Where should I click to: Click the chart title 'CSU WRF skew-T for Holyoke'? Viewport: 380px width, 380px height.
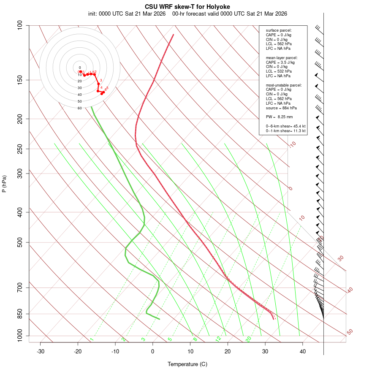[187, 7]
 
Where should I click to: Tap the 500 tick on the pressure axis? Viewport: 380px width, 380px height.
[19, 242]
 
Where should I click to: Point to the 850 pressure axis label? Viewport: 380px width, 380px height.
[19, 314]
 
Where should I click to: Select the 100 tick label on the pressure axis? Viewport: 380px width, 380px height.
[19, 25]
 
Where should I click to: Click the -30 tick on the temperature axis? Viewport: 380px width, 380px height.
[41, 351]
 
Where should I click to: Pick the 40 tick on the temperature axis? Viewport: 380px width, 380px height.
[303, 351]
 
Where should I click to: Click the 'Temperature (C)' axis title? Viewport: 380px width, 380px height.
[187, 364]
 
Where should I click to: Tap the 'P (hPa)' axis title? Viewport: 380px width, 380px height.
[4, 184]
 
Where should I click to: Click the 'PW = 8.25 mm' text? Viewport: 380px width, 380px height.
[279, 117]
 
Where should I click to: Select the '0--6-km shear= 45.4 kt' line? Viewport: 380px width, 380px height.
[285, 126]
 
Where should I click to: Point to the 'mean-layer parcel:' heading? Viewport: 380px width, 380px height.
[282, 57]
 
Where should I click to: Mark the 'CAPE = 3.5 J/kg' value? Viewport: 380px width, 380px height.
[280, 62]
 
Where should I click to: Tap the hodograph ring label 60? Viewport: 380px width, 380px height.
[79, 108]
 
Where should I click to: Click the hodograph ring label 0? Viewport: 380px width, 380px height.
[79, 68]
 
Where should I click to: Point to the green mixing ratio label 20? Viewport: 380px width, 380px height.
[248, 339]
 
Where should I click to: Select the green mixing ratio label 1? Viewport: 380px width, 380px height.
[92, 339]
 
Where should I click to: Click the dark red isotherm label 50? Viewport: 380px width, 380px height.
[350, 332]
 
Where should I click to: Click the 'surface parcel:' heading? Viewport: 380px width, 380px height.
[279, 30]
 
